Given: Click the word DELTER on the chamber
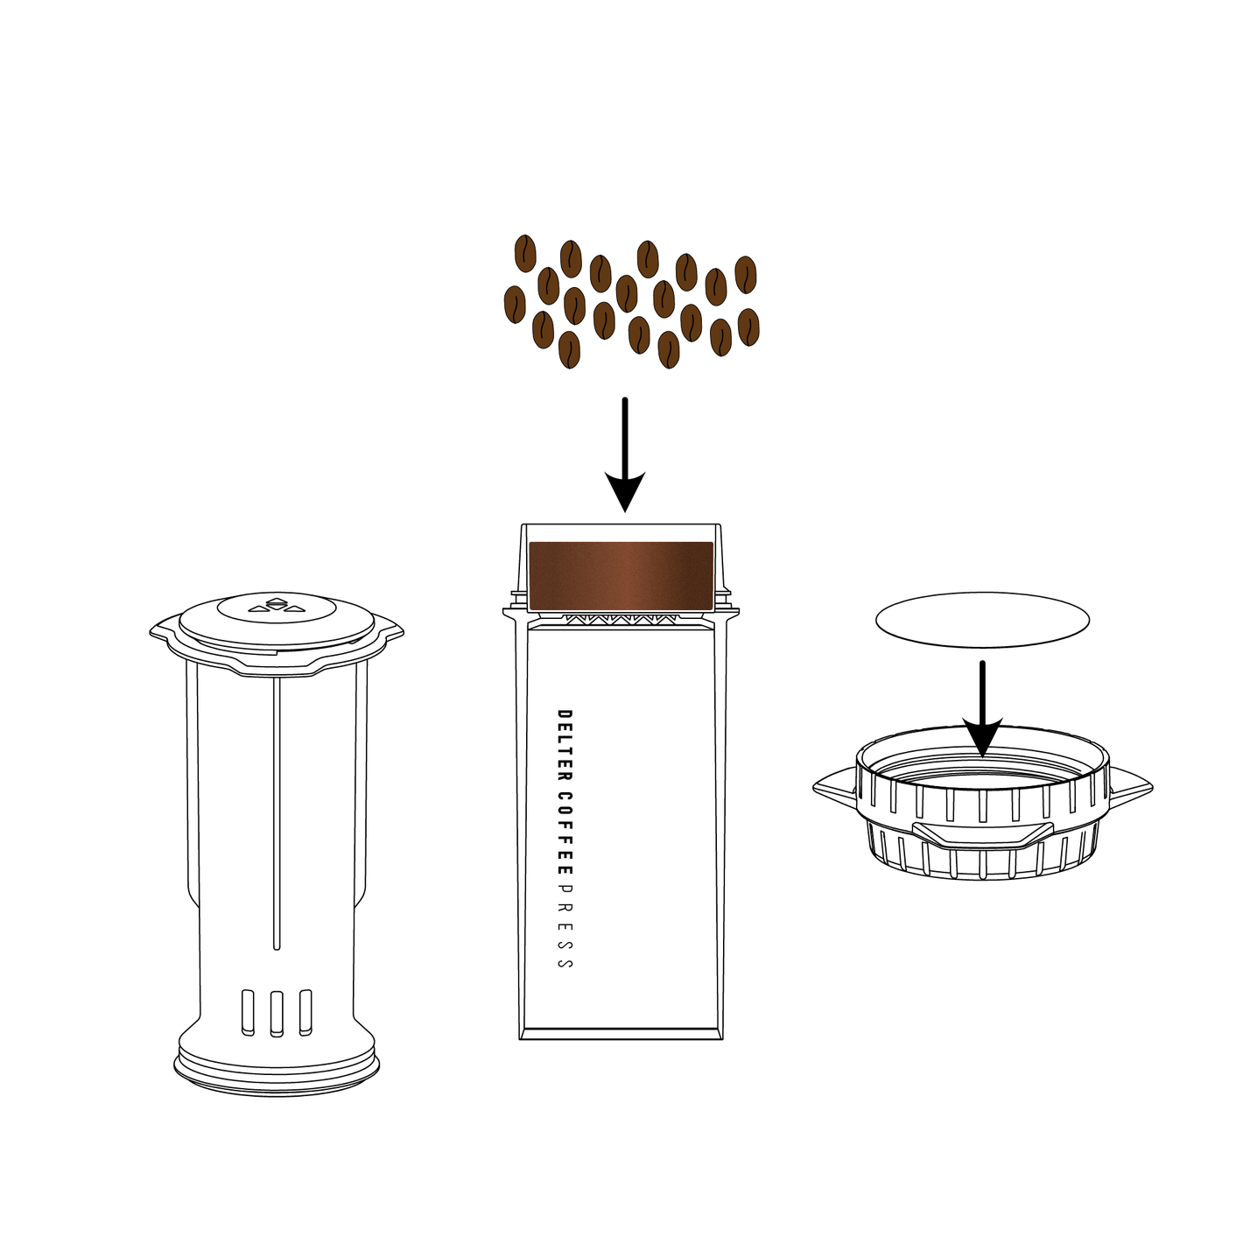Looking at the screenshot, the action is point(564,749).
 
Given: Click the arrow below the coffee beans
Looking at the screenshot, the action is point(624,454).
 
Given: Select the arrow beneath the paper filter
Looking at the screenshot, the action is point(981,708).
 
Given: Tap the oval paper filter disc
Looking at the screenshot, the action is point(982,620).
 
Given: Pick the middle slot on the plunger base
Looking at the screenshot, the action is point(277,1013).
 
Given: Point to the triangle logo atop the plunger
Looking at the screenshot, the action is point(276,605).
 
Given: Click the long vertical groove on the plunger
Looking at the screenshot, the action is point(277,813).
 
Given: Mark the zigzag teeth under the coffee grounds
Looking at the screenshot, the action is point(621,619).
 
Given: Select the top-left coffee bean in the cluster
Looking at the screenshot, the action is point(525,253).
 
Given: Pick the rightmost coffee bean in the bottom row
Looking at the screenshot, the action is point(748,327).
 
